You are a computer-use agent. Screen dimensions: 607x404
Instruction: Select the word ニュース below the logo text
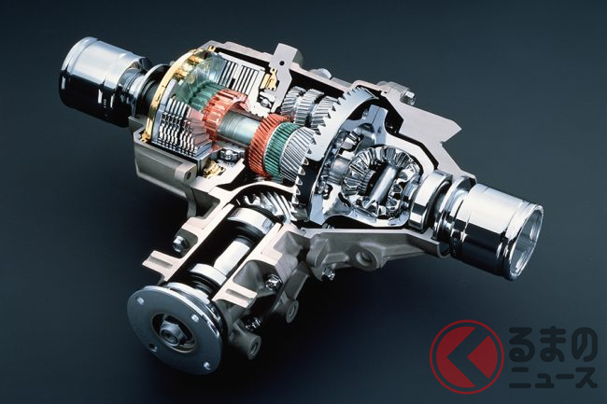click(x=553, y=378)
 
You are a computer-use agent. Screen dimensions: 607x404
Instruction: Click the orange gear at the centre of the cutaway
click(x=264, y=146)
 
